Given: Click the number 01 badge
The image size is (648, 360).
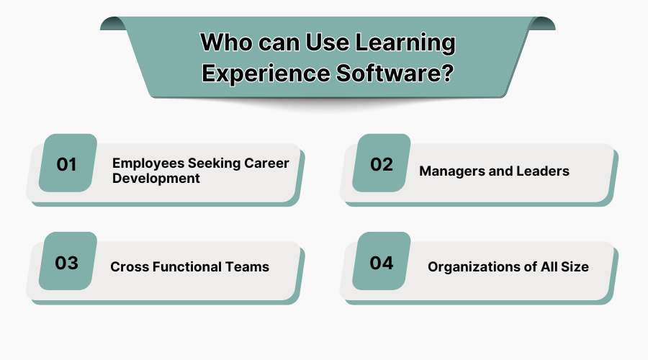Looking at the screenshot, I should [x=67, y=164].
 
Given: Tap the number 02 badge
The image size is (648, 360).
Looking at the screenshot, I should [x=382, y=164].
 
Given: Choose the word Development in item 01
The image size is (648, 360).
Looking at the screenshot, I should [x=156, y=178].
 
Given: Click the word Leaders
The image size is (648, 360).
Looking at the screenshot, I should [x=543, y=171].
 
